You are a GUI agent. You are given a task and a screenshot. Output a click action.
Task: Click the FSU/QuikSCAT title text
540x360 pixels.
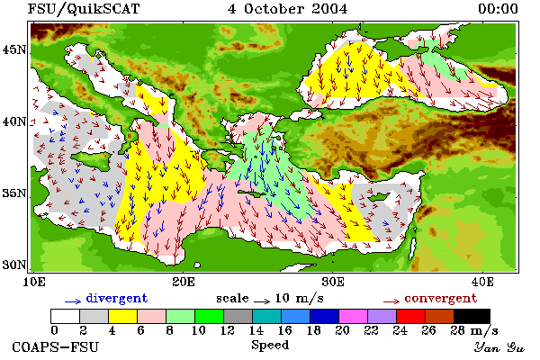tap(84, 9)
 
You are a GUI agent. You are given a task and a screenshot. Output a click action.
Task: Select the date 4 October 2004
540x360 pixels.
tap(288, 9)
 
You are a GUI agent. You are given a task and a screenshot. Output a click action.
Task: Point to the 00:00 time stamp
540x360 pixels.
tap(498, 9)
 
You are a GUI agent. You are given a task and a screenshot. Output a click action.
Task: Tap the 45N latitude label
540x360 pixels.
tap(14, 50)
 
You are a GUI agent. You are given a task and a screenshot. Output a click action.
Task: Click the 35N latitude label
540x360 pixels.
tap(14, 193)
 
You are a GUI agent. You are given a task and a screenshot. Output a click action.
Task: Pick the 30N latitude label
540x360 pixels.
tap(14, 265)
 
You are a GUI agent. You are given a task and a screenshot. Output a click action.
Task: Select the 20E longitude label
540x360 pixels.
tap(184, 282)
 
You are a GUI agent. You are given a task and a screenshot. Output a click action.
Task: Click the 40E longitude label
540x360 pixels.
tap(482, 282)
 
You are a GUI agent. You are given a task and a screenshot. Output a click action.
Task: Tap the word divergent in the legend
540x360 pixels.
tap(117, 298)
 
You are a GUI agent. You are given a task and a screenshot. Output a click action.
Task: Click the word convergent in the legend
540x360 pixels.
tap(441, 298)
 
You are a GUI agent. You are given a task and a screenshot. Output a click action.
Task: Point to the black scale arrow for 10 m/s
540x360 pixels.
tap(262, 301)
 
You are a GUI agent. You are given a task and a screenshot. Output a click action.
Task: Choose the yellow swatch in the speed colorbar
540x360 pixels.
tap(122, 316)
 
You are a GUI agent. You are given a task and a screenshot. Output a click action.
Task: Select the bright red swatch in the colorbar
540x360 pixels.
tap(410, 316)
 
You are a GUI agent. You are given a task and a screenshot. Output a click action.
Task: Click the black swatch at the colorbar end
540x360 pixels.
tap(472, 316)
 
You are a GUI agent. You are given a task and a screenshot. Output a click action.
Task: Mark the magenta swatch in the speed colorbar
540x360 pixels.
tap(353, 316)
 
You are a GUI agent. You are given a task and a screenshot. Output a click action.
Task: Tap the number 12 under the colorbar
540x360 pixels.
tap(228, 330)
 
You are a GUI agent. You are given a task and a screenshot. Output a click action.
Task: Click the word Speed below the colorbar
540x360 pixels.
tap(270, 346)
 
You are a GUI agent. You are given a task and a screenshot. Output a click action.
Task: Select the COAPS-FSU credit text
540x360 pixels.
tap(56, 347)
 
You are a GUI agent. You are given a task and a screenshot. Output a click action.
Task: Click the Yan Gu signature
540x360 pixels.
tap(499, 347)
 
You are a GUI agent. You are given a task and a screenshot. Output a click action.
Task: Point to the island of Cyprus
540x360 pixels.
tap(380, 197)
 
